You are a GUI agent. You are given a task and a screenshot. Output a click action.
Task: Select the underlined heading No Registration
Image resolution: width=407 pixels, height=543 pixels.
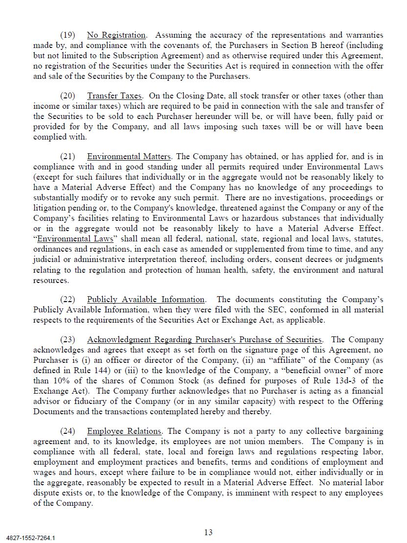pos(116,35)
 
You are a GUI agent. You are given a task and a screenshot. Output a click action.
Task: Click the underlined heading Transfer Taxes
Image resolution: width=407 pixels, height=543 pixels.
pos(115,96)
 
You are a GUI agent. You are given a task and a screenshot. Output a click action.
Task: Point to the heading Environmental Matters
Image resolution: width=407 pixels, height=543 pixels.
pos(129,157)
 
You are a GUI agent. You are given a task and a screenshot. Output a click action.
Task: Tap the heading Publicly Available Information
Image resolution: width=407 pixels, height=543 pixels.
pos(145,300)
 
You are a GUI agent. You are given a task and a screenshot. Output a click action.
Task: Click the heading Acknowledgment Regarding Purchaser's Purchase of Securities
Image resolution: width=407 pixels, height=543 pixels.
pos(204,340)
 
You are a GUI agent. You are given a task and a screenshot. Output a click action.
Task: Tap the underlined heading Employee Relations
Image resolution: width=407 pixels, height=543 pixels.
pos(124,431)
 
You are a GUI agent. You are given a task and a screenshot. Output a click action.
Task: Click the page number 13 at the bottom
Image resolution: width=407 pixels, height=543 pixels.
pos(208,532)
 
